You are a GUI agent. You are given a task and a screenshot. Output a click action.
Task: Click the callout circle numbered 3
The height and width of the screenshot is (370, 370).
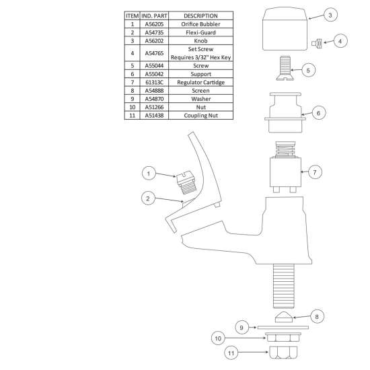[x=330, y=15]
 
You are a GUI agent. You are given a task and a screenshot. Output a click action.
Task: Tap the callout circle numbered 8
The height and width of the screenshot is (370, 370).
[x=317, y=316]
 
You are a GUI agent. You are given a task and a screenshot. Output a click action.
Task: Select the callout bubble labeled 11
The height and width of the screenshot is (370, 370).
[x=231, y=353]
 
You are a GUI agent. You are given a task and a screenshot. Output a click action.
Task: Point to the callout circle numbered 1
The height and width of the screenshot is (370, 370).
[x=149, y=174]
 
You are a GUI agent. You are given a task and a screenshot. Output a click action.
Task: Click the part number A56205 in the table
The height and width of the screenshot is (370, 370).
[x=154, y=24]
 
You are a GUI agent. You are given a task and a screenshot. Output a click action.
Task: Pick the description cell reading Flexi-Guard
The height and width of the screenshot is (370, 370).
[x=201, y=32]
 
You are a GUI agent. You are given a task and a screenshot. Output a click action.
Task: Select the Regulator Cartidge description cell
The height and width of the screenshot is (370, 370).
[x=201, y=82]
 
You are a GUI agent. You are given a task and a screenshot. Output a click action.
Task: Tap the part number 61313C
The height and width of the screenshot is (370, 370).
[x=154, y=82]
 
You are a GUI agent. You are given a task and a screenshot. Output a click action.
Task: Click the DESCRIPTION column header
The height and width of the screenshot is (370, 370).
[x=201, y=16]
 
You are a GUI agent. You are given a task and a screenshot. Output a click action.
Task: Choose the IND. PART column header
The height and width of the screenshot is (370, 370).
[x=154, y=16]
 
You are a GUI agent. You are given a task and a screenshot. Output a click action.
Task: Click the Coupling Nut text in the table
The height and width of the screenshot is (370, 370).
[x=201, y=116]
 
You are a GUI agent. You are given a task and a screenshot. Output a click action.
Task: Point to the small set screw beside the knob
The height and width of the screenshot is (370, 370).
[x=317, y=43]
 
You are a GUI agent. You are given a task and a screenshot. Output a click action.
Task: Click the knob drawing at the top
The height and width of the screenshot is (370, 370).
[x=285, y=28]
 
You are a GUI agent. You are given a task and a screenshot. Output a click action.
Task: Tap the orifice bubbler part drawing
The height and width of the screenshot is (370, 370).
[x=185, y=182]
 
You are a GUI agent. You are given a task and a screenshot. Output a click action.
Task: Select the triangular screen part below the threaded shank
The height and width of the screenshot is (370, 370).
[x=284, y=317]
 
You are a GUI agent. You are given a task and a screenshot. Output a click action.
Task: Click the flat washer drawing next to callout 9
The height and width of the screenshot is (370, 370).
[x=283, y=328]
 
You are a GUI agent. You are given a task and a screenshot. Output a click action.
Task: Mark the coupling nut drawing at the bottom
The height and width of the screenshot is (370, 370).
[x=283, y=353]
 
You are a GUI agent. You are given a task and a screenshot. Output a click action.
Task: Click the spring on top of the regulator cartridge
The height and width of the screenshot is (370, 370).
[x=285, y=149]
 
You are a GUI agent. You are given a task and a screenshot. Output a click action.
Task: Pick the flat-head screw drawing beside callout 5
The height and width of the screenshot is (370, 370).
[x=285, y=68]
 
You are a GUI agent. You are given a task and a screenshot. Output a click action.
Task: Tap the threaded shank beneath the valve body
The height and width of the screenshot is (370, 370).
[x=283, y=286]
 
